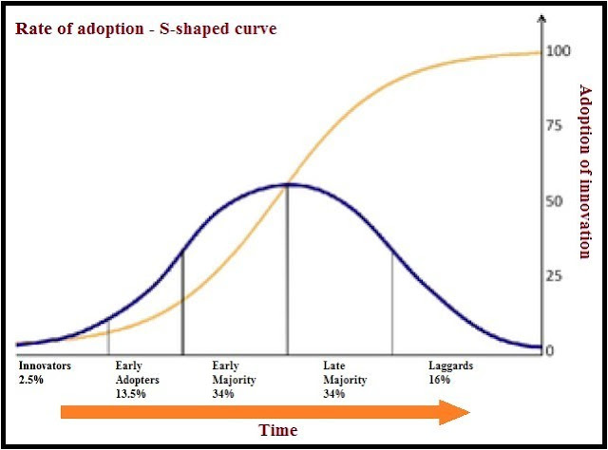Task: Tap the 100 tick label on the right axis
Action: [558, 50]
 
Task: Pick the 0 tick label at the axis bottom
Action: [551, 350]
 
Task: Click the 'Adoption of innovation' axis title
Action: [585, 170]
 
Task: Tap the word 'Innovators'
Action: [45, 366]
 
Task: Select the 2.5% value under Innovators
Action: [31, 379]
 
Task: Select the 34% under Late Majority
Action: [334, 392]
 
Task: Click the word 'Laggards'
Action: [450, 366]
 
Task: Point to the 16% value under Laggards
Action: [439, 379]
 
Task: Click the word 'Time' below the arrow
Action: [278, 430]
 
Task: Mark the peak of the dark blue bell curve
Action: [288, 184]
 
